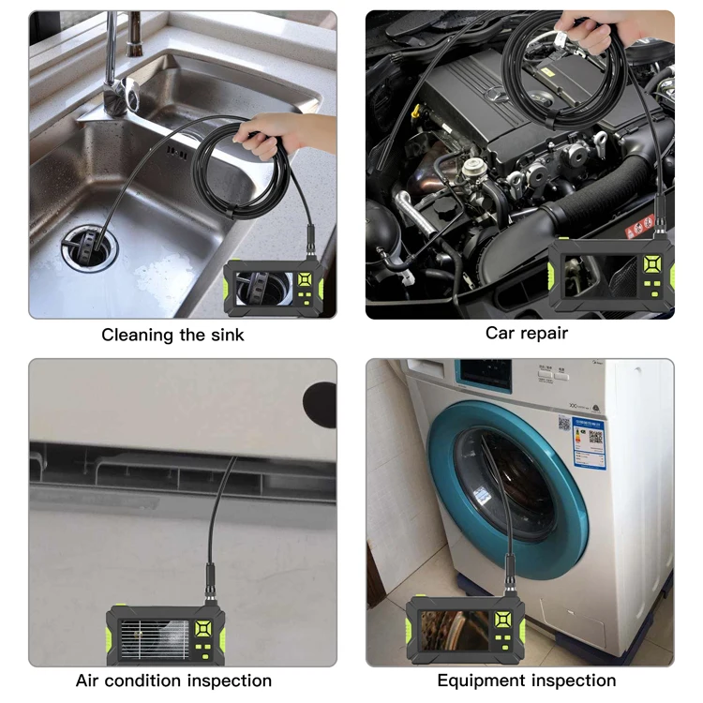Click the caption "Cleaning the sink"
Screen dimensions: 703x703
coord(172,334)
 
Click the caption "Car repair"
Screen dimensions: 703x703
coord(526,332)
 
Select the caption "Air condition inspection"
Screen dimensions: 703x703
coord(173,681)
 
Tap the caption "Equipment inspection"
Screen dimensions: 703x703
coord(526,681)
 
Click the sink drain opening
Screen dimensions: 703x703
coord(87,246)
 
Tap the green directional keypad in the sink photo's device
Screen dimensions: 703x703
coord(306,280)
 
